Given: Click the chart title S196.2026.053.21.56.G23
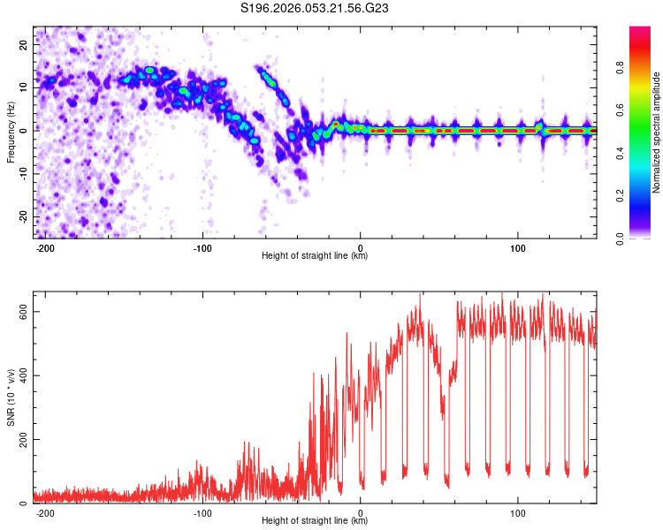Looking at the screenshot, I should tap(316, 8).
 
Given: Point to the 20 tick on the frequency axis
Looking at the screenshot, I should tap(24, 43).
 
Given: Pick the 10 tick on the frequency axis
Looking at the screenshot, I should tap(24, 87).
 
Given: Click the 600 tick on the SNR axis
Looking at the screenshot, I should tap(24, 312).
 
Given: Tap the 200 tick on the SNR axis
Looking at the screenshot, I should tap(24, 439).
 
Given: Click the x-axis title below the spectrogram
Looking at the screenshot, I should tap(315, 256).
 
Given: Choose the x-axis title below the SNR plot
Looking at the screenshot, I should tap(315, 521).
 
